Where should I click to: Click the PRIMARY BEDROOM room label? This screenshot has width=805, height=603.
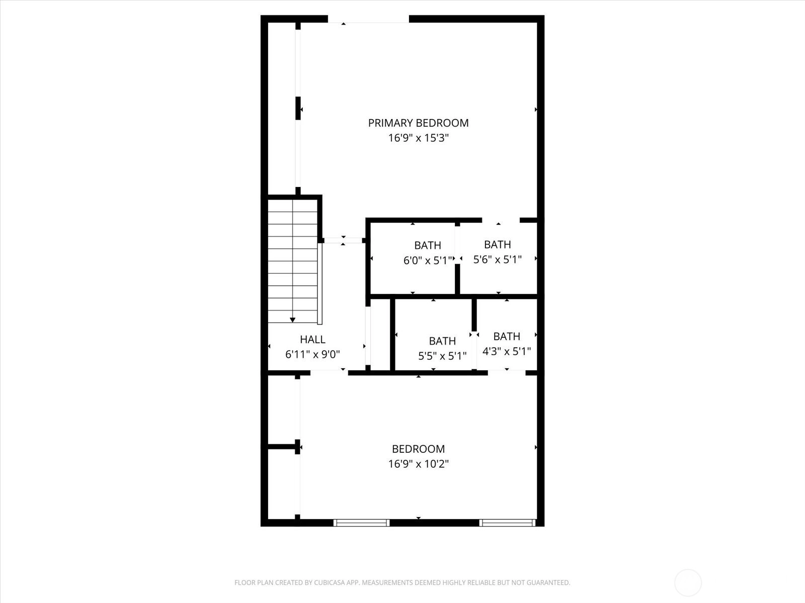tap(418, 123)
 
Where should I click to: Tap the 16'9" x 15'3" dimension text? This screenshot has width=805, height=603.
tap(419, 138)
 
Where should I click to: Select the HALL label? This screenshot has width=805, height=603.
tap(312, 339)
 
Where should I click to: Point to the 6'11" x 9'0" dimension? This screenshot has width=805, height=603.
tap(312, 354)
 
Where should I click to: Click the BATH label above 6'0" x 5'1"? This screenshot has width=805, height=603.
tap(428, 245)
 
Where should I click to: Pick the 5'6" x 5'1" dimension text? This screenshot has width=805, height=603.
tap(497, 260)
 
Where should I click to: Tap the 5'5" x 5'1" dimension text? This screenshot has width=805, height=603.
tap(442, 356)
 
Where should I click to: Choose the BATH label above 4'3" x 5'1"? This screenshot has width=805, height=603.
tap(507, 336)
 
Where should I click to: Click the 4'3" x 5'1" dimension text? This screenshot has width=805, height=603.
tap(507, 351)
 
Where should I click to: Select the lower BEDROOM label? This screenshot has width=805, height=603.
tap(418, 449)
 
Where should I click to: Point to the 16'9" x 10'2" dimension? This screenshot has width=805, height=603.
tap(419, 464)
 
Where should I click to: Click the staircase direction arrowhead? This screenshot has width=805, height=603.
tap(292, 320)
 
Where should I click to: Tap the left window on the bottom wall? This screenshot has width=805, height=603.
tap(361, 523)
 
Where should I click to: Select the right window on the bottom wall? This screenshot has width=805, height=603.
tap(507, 523)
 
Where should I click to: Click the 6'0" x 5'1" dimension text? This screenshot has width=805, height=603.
tap(428, 261)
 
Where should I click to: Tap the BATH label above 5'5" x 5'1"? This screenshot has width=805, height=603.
tap(442, 341)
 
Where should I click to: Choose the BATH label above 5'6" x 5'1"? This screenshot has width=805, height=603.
tap(497, 244)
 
